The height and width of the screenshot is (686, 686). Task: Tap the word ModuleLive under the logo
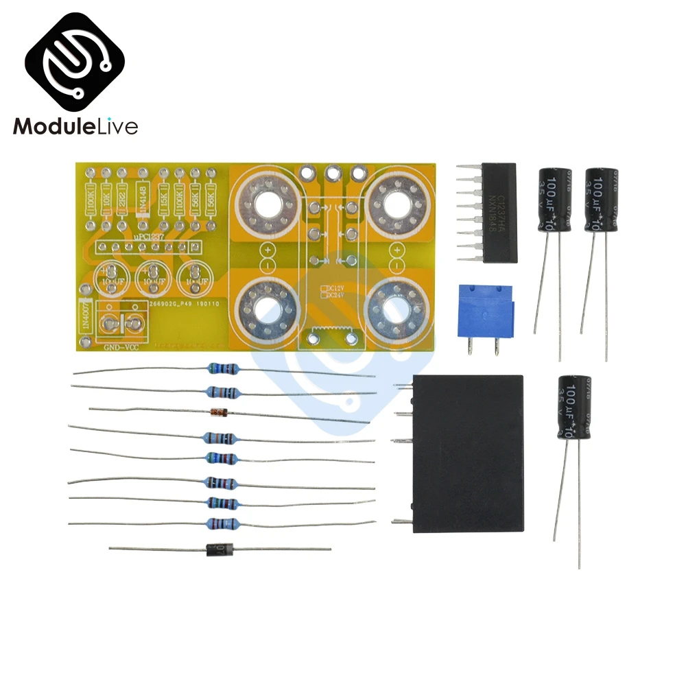[76, 126]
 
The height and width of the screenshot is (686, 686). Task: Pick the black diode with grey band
[220, 549]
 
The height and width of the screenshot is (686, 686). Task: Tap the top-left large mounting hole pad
[263, 202]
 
